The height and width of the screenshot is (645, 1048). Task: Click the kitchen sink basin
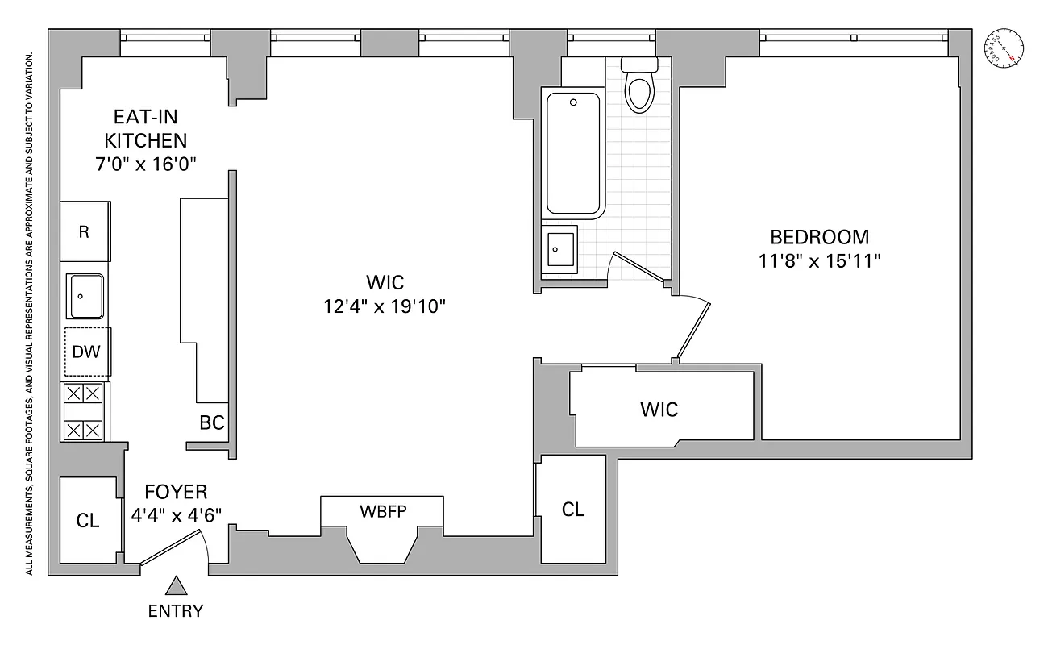click(85, 296)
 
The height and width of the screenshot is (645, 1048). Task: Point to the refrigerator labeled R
click(84, 232)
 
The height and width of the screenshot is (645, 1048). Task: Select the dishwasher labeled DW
click(86, 352)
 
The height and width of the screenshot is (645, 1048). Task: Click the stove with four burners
click(85, 412)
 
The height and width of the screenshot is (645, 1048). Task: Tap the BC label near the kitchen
click(211, 422)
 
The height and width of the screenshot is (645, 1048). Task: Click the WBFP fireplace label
click(383, 510)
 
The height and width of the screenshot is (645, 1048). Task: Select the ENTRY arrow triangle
click(176, 586)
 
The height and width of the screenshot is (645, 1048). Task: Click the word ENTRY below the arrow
click(176, 611)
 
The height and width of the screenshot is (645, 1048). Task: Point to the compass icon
click(1004, 48)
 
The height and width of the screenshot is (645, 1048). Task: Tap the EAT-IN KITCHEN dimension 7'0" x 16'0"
click(145, 163)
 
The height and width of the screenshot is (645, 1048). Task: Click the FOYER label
click(176, 492)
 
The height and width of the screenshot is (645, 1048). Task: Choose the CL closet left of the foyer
click(88, 521)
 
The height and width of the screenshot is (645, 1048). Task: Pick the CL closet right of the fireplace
click(573, 510)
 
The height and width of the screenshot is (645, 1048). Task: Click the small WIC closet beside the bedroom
click(659, 409)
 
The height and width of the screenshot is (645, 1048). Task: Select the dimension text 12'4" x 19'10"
click(385, 306)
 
